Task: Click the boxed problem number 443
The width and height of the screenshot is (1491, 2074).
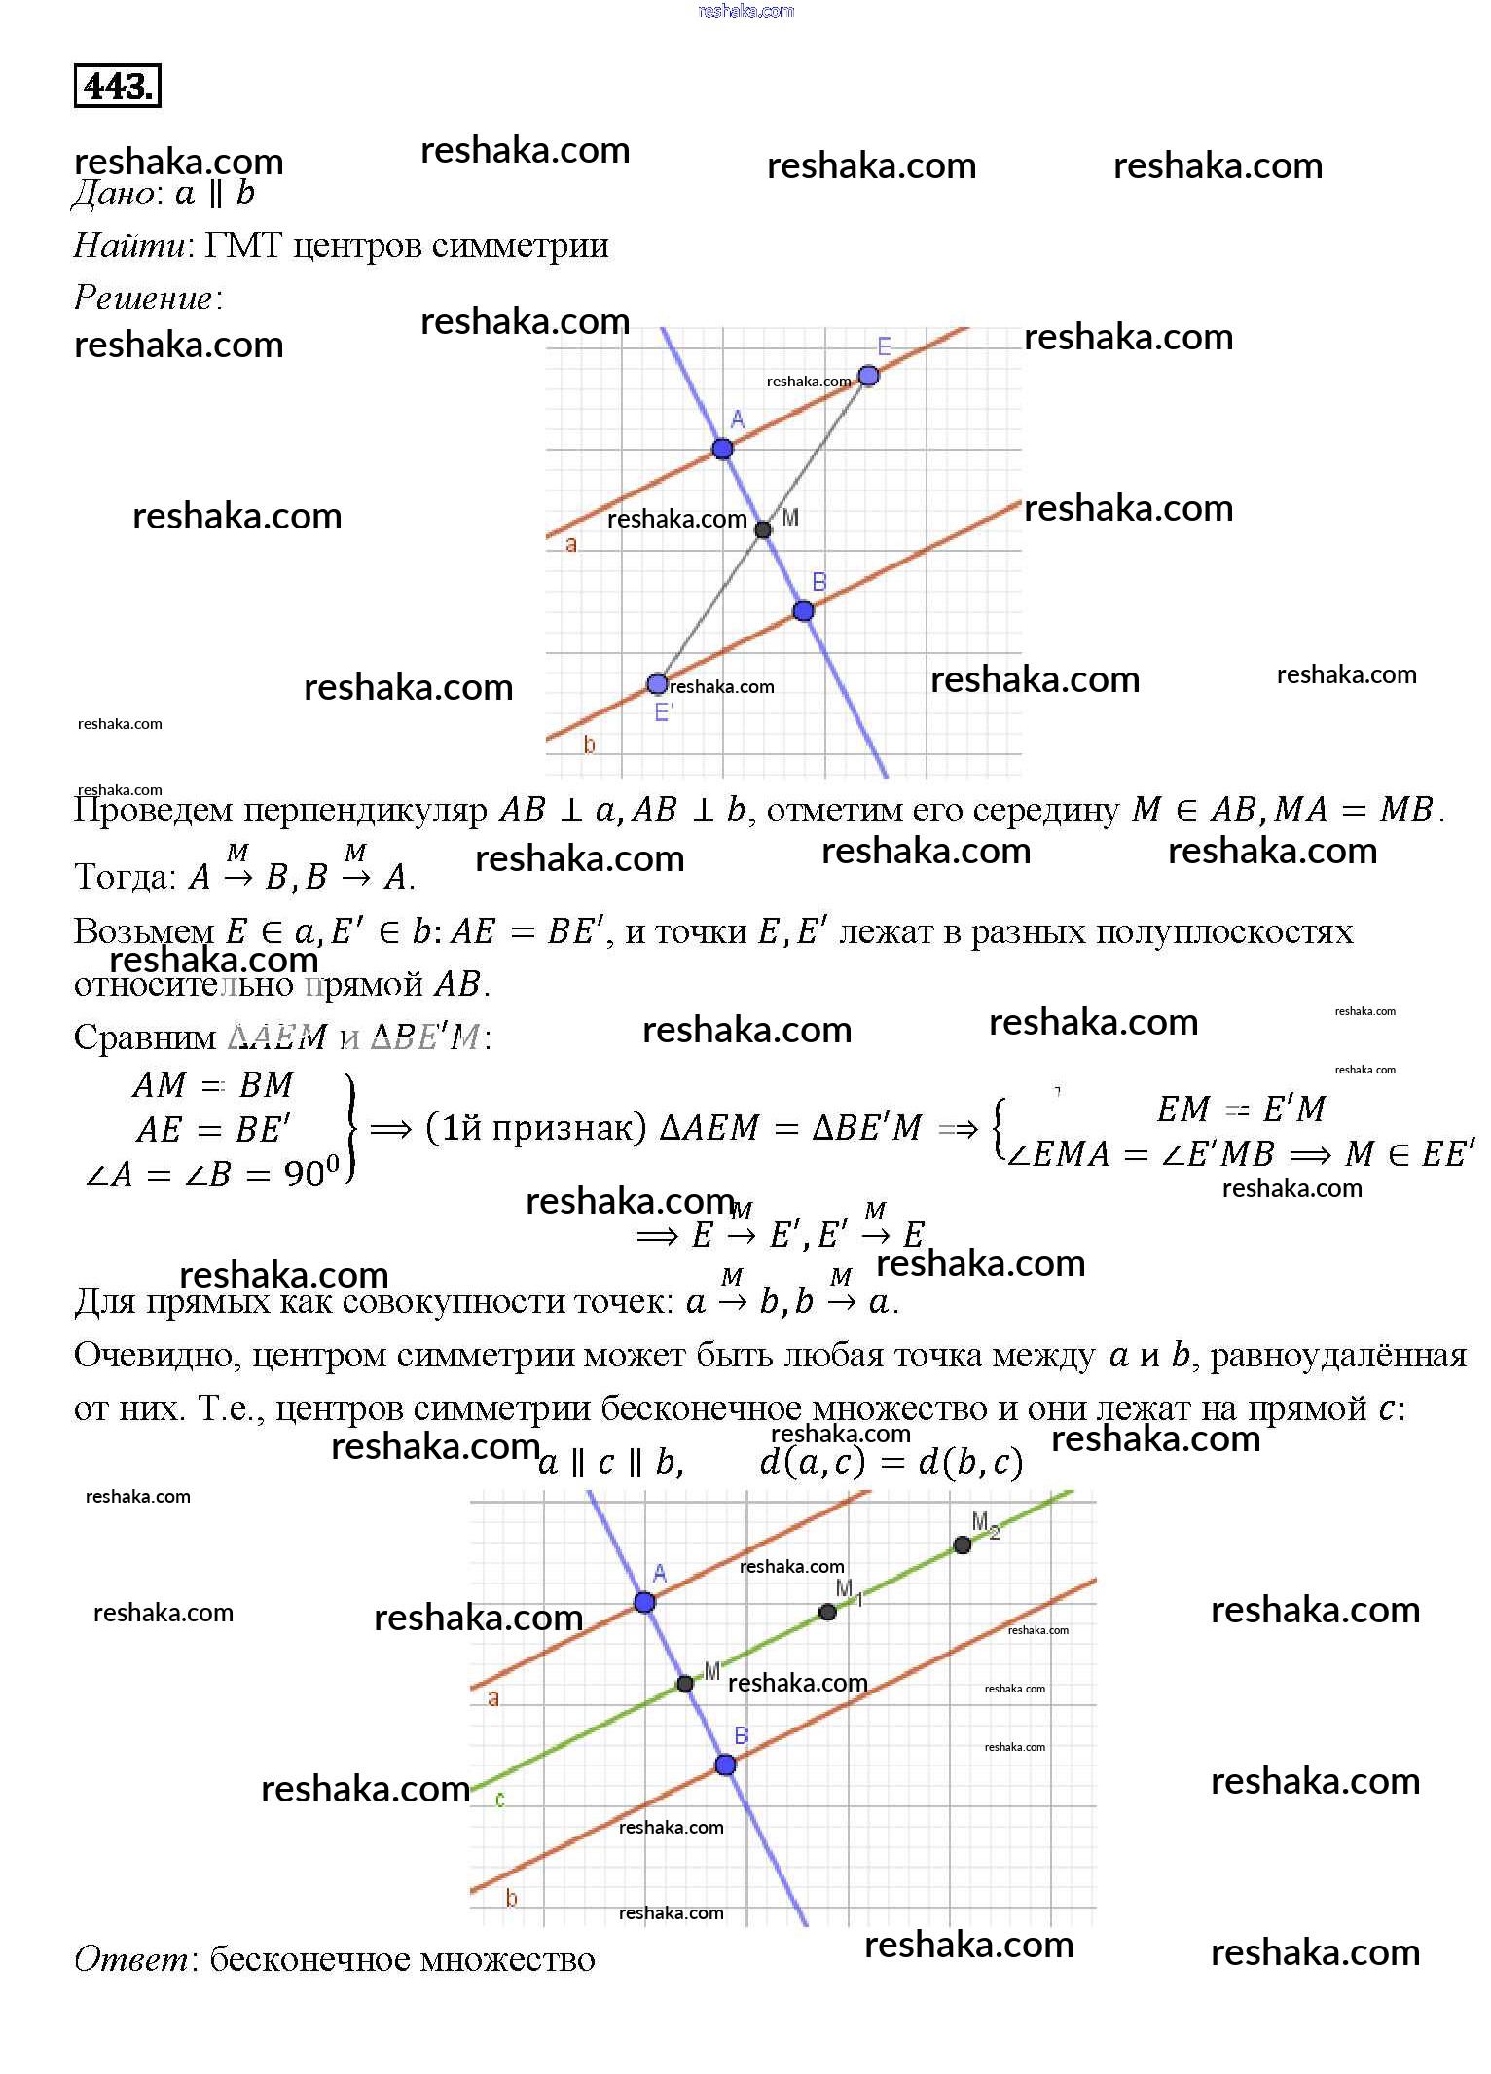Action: coord(117,87)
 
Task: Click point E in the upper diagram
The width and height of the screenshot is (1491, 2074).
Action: coord(868,376)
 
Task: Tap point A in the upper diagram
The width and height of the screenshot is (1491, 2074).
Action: coord(722,449)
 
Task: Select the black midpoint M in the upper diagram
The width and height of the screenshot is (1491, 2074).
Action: coord(763,529)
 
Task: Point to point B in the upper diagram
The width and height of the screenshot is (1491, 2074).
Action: coord(803,611)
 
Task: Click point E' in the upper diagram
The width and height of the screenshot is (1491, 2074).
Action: coord(658,684)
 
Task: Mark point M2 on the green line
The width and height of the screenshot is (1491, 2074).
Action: coord(963,1545)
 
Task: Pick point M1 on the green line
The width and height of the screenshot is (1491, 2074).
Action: coord(828,1612)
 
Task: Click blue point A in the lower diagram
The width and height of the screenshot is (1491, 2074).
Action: coord(644,1602)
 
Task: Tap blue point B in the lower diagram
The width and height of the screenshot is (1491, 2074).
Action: coord(725,1765)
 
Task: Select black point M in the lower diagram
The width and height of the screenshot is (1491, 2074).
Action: coord(685,1683)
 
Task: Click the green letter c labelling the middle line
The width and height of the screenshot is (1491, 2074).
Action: coord(500,1799)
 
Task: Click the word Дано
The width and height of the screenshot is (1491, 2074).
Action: coord(114,195)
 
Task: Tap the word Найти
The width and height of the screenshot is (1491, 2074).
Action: coord(129,245)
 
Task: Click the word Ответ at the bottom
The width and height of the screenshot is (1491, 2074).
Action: coord(133,1958)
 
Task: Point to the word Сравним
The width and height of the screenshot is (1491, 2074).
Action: coord(145,1037)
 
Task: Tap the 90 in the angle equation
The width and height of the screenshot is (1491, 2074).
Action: coord(305,1174)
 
